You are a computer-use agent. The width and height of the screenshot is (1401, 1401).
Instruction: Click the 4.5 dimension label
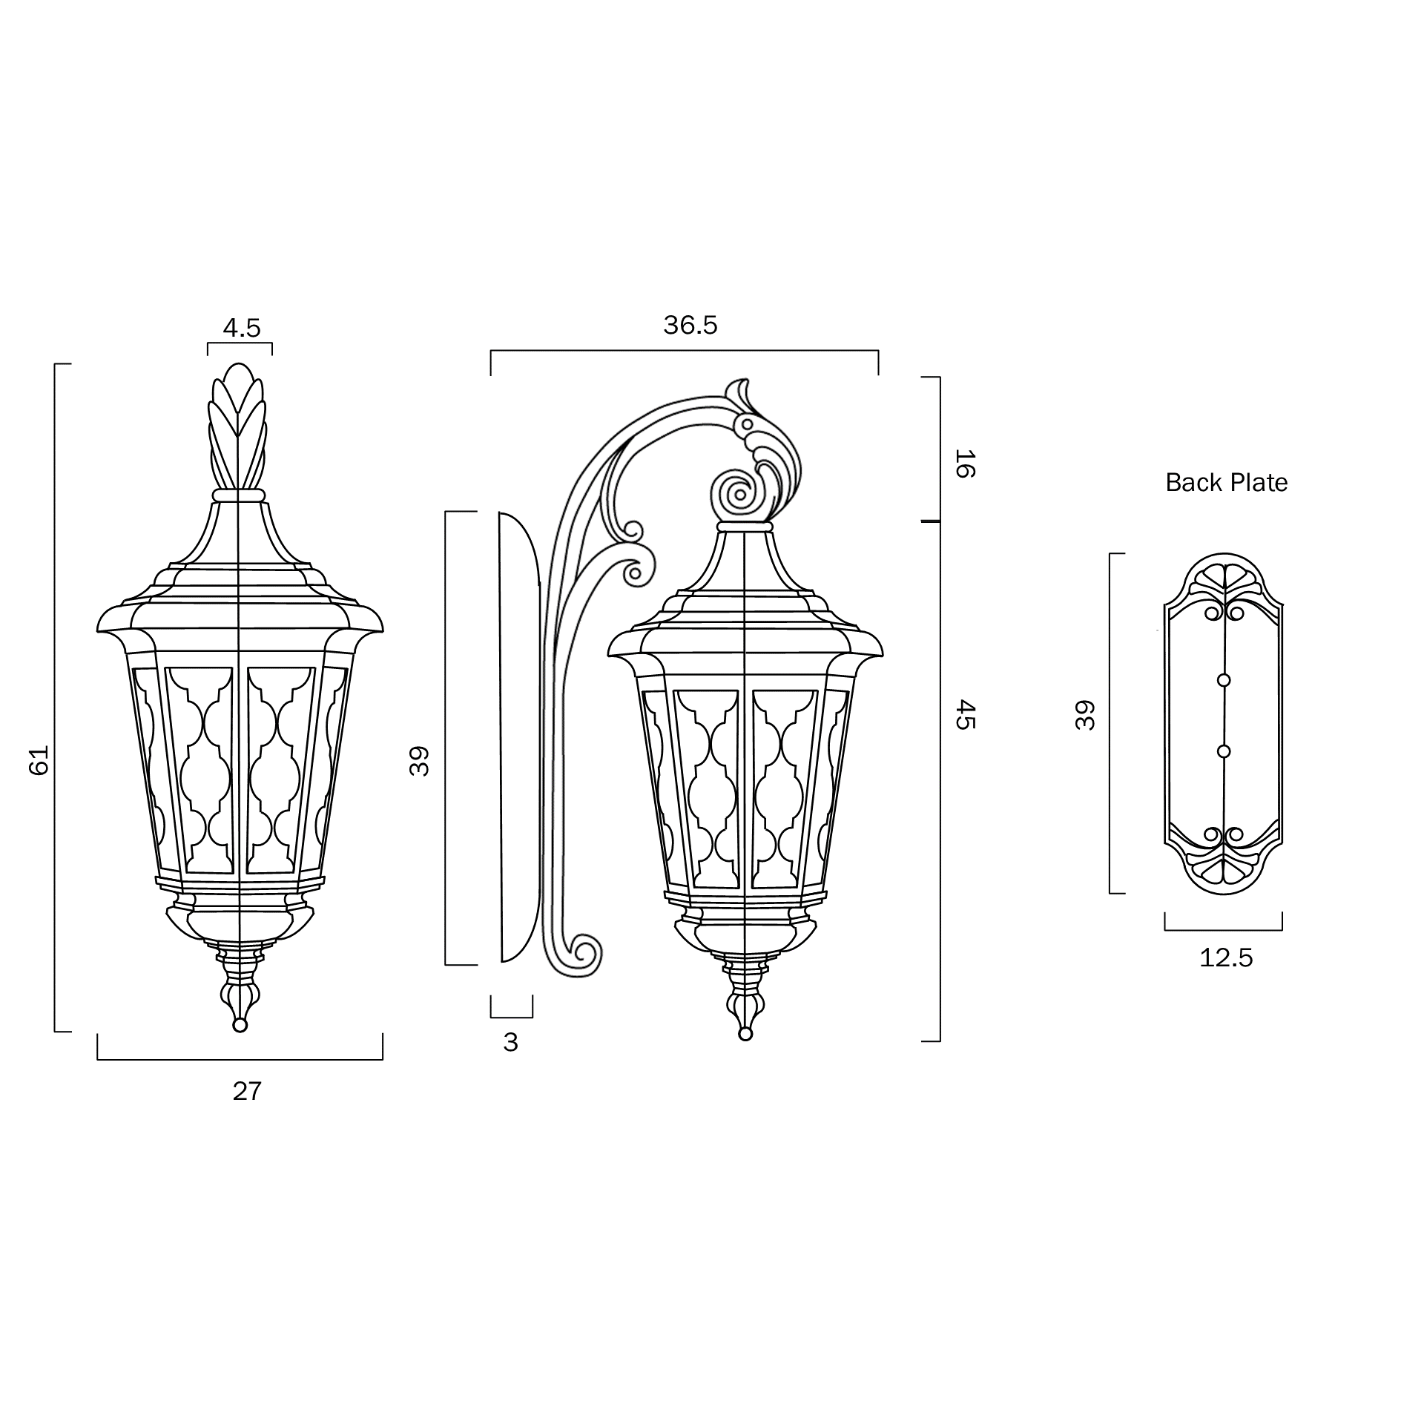click(242, 328)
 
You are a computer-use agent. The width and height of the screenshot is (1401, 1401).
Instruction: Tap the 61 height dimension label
click(39, 760)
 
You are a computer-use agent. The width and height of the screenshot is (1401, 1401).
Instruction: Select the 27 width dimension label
click(247, 1091)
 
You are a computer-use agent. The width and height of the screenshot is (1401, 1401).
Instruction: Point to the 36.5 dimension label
click(690, 326)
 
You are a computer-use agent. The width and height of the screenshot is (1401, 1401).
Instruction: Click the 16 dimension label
click(963, 464)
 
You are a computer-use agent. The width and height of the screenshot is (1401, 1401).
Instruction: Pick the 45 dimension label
click(963, 714)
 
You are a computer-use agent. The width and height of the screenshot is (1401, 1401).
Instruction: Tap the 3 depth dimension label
click(510, 1042)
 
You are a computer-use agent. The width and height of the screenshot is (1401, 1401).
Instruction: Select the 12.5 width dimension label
click(1226, 958)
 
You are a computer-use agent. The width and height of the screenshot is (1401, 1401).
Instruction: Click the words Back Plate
click(1226, 483)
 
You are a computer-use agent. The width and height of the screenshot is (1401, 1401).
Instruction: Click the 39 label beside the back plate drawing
click(1085, 716)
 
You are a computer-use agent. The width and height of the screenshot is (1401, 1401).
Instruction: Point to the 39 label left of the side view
click(420, 761)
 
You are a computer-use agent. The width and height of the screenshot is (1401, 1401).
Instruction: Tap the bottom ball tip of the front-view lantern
click(240, 1025)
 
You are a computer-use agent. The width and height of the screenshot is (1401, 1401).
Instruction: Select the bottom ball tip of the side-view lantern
click(745, 1034)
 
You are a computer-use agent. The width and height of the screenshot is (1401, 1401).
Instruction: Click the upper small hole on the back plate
click(1224, 680)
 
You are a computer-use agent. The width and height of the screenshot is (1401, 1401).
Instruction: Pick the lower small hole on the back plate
click(1224, 751)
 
